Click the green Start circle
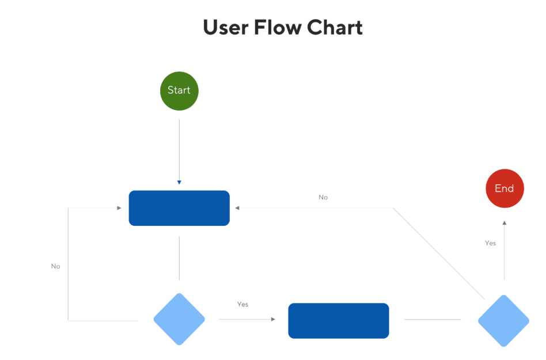(x=179, y=91)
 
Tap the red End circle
(x=505, y=188)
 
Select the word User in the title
(x=226, y=28)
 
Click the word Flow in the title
(x=278, y=28)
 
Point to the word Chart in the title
(x=335, y=28)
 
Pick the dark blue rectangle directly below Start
(x=179, y=208)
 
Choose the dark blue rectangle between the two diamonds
(x=339, y=321)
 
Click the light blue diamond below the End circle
(x=504, y=321)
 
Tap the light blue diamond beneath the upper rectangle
(x=179, y=319)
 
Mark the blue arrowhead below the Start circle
(x=179, y=183)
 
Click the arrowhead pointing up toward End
(x=504, y=223)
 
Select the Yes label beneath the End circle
(x=490, y=243)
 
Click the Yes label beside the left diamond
(x=242, y=304)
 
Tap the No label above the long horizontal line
(x=323, y=198)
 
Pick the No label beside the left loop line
(x=56, y=266)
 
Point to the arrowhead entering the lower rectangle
(x=274, y=319)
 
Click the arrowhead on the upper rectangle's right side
(x=237, y=208)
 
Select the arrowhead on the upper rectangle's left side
(x=119, y=208)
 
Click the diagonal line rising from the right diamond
(x=439, y=254)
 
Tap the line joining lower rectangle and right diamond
(x=433, y=319)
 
